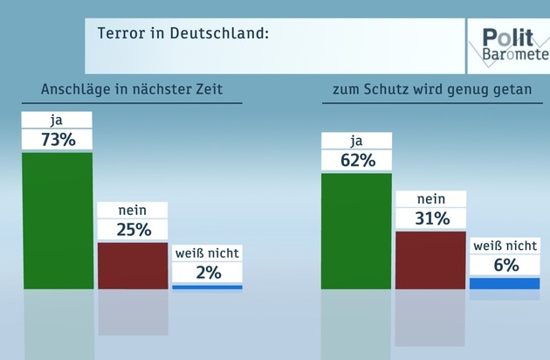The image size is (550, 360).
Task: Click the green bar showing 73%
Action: tap(58, 220)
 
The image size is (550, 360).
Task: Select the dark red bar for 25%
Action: tap(133, 265)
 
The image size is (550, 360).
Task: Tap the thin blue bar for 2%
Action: tap(207, 287)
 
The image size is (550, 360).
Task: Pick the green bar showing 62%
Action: tap(356, 231)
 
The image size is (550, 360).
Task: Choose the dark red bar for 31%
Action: tap(430, 260)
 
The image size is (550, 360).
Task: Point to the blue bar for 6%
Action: tap(505, 283)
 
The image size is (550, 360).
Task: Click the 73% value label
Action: tap(58, 140)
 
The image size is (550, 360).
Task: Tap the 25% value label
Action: tap(133, 230)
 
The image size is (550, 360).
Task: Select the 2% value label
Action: tap(207, 272)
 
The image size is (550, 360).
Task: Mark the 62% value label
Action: tap(356, 161)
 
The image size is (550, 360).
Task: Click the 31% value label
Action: tap(430, 218)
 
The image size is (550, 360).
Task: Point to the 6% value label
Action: tap(505, 265)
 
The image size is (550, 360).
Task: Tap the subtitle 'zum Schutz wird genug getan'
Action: tap(431, 92)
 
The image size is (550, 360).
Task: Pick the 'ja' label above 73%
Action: tap(58, 120)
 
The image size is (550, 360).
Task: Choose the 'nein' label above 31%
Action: tap(430, 198)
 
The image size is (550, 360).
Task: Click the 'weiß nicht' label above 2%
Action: tap(207, 253)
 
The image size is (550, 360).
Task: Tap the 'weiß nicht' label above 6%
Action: tap(505, 246)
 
